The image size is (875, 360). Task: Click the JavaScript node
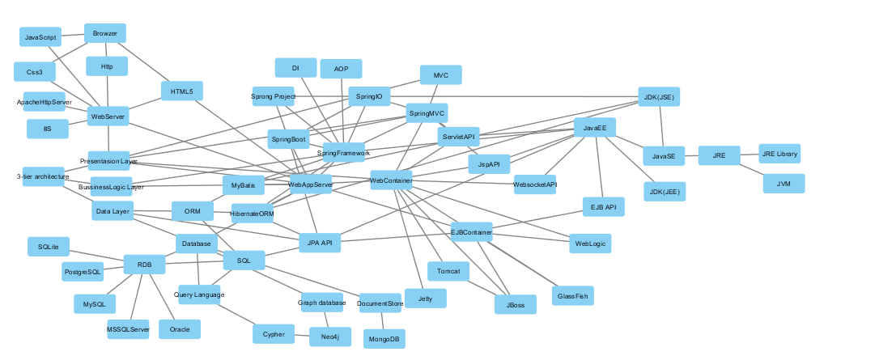point(40,37)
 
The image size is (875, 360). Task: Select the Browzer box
point(105,33)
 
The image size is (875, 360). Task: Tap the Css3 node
point(35,72)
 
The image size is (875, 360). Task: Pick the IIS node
point(48,129)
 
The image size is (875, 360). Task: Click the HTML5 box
point(182,91)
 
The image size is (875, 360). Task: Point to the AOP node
point(341,69)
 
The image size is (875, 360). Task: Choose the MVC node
point(441,75)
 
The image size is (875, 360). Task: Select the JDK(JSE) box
point(658,97)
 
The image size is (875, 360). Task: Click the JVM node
point(784,184)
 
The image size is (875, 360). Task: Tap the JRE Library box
point(780,154)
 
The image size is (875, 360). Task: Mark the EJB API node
point(604,206)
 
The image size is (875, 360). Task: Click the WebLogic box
point(590,243)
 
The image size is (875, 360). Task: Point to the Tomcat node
point(448,272)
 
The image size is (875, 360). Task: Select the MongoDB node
point(384,339)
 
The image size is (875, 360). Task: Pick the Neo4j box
point(330,337)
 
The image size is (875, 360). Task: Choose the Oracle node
point(180,329)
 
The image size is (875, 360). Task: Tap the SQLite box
point(49,246)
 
